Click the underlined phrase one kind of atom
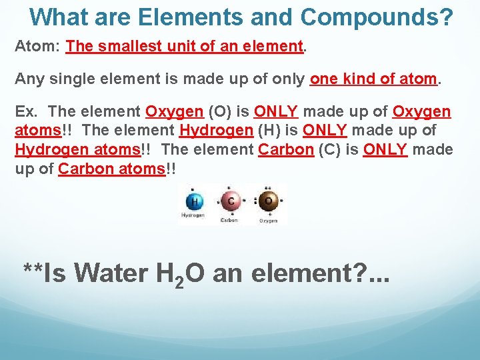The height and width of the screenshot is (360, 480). (373, 79)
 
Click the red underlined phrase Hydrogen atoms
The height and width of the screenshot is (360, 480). (78, 149)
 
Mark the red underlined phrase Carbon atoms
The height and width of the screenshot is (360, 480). (111, 169)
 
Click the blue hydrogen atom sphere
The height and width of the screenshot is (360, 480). (195, 202)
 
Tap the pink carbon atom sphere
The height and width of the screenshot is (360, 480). (231, 202)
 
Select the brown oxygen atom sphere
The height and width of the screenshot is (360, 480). (268, 202)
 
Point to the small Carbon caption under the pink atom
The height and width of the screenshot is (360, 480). (230, 219)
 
